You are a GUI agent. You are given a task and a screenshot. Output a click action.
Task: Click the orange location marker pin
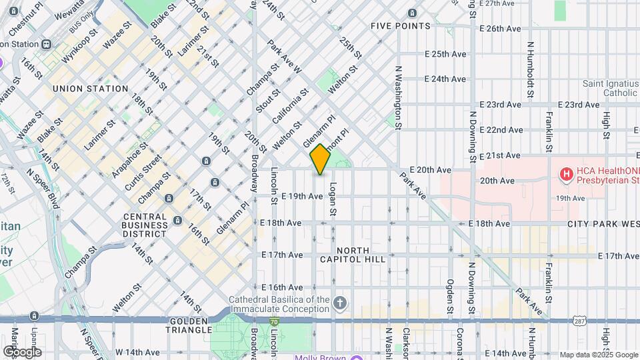[x=321, y=159]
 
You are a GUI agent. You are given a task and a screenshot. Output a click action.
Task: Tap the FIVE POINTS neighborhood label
[x=401, y=26]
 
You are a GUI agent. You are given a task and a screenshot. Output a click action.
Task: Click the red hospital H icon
[x=567, y=175]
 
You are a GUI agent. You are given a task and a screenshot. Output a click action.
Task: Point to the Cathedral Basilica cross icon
[x=340, y=304]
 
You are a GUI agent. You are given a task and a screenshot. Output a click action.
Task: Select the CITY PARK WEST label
[x=603, y=225]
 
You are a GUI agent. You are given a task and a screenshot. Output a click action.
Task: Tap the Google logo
[x=21, y=351]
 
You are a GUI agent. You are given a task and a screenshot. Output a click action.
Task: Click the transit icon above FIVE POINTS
[x=413, y=13]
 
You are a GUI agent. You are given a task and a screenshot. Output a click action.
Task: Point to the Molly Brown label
[x=321, y=357]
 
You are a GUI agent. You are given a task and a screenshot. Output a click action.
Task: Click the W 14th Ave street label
[x=137, y=352]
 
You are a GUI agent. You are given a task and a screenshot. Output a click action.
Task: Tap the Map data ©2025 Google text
[x=598, y=355]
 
